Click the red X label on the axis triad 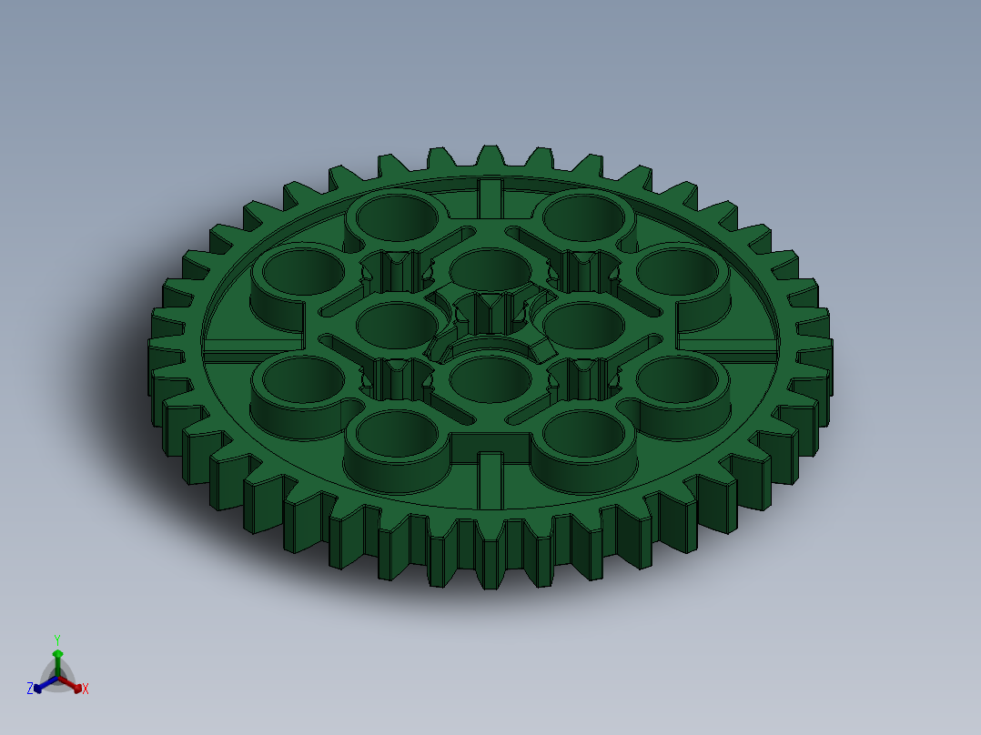click(86, 690)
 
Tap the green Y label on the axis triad click(57, 639)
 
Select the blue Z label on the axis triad click(30, 689)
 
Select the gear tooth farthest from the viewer click(490, 157)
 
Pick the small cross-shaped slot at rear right click(582, 270)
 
